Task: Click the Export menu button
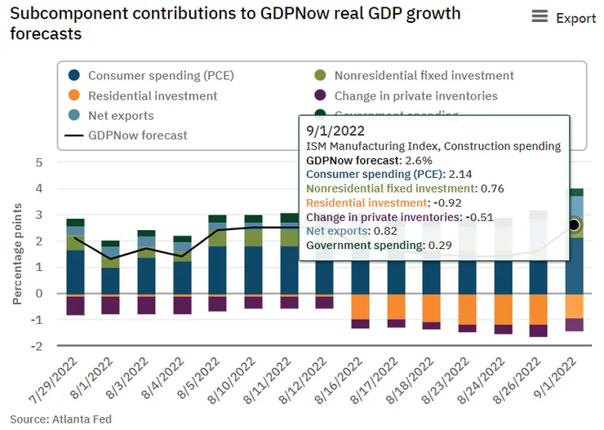pos(563,18)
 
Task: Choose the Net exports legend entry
pos(121,116)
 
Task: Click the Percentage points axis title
pos(17,253)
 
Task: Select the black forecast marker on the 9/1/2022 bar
pos(574,224)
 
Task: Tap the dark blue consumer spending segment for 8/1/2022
pos(110,280)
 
